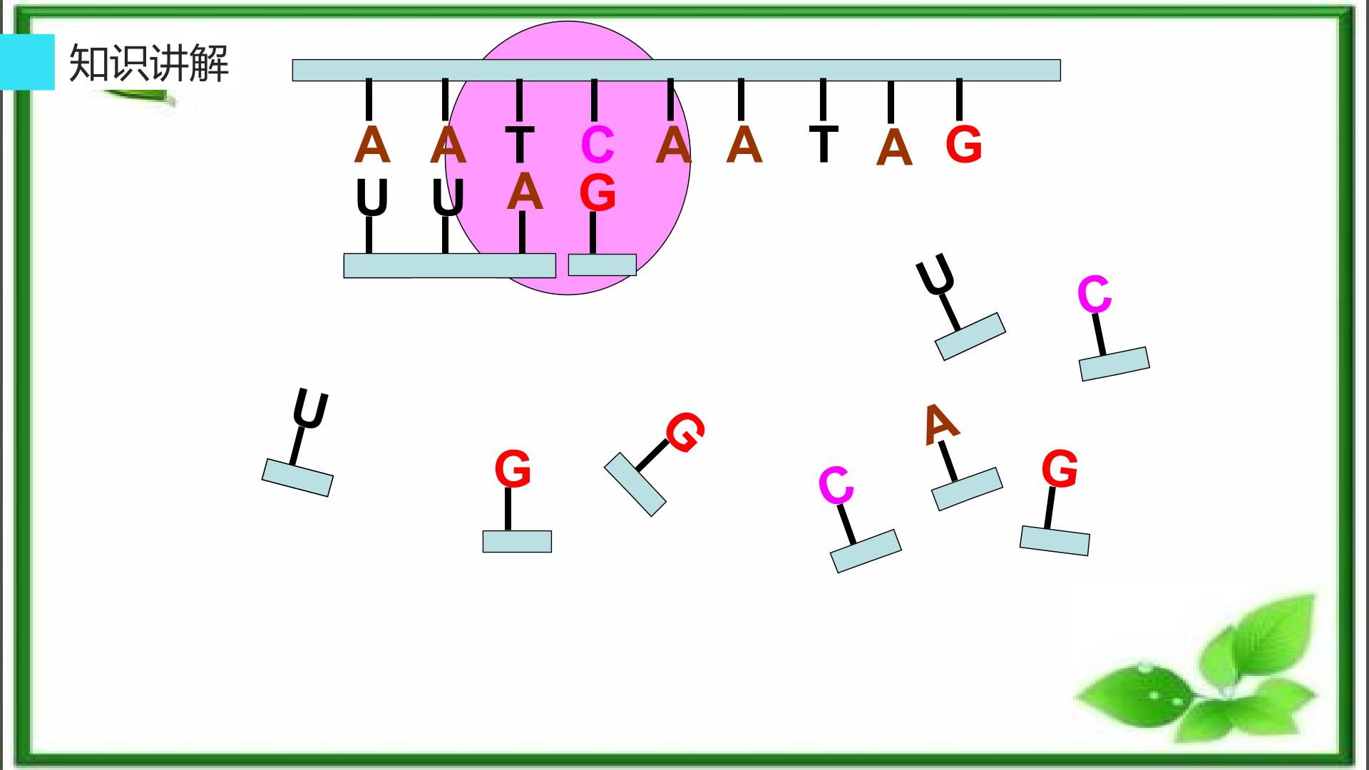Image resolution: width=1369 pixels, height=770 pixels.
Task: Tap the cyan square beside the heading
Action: point(27,62)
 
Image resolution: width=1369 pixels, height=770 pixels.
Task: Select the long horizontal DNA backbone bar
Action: point(676,71)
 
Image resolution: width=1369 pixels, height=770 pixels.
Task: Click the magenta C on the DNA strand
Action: point(598,145)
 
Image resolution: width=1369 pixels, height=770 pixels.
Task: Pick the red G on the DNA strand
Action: point(963,145)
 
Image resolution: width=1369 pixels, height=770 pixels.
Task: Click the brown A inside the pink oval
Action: point(525,192)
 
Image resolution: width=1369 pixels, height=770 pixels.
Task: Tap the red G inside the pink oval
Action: point(598,192)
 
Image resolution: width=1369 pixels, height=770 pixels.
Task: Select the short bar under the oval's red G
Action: point(602,265)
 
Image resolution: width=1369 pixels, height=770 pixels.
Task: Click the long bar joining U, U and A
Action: point(449,265)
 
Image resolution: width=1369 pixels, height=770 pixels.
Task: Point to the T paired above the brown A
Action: point(520,145)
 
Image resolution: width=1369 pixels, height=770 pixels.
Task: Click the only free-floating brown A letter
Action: point(940,423)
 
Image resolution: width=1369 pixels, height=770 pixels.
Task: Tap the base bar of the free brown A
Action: point(967,489)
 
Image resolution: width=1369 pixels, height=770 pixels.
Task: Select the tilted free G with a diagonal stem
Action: point(684,432)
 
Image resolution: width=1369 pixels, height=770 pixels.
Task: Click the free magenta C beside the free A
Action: point(836,486)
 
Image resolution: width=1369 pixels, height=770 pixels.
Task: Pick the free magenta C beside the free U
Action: point(1094,294)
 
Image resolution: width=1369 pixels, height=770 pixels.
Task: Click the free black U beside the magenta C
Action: point(935,274)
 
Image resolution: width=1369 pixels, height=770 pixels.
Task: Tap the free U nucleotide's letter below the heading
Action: point(310,410)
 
